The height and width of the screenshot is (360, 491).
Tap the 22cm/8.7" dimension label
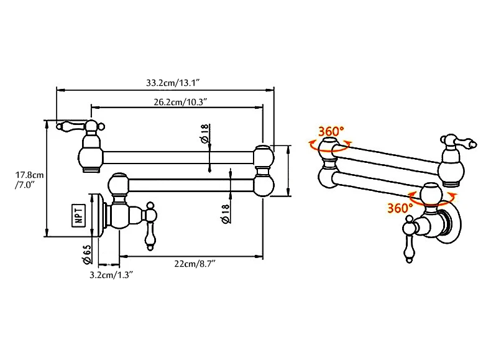pos(194,264)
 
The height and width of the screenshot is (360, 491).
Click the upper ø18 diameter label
pos(204,135)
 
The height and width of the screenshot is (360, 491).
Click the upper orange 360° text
pos(331,131)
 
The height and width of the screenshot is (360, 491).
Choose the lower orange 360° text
pos(400,208)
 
